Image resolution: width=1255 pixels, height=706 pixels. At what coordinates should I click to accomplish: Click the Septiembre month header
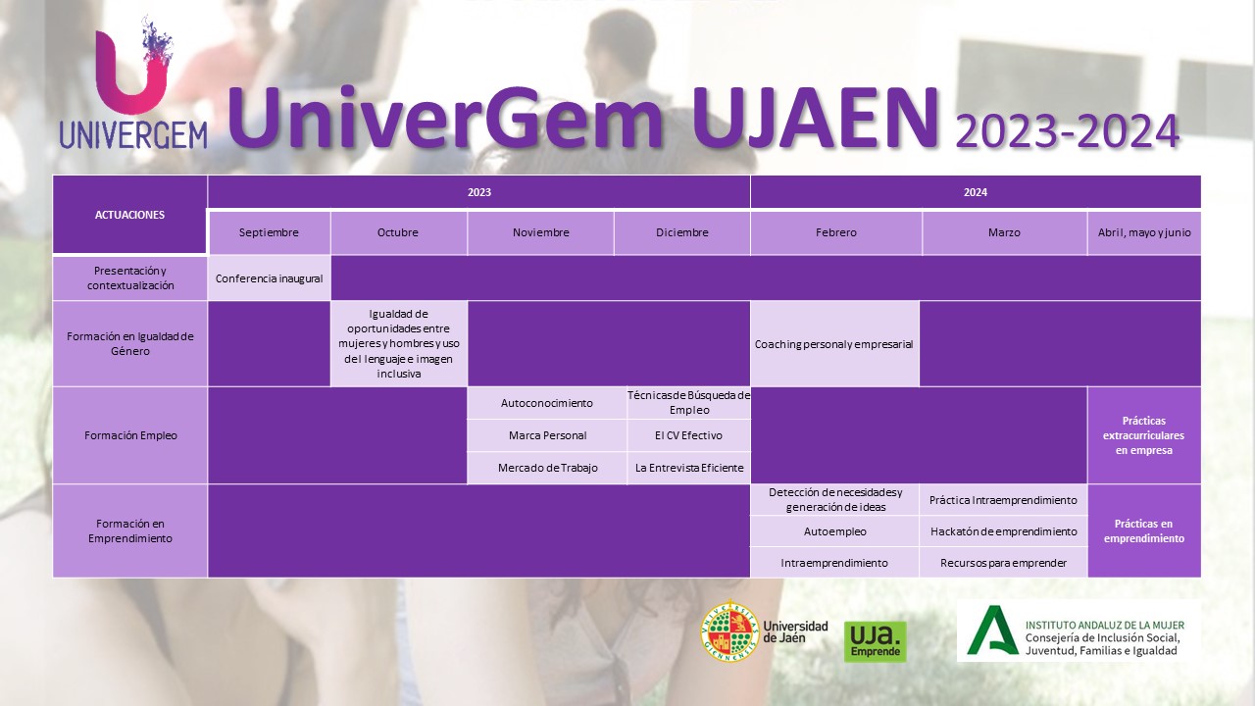coord(269,232)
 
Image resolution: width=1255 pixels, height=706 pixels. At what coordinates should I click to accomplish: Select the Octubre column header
coord(398,232)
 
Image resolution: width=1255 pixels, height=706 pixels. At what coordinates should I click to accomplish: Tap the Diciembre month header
coord(681,232)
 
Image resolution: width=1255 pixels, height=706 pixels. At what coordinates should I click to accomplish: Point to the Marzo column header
coord(1004,232)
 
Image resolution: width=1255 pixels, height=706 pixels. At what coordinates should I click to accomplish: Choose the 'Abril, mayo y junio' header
coord(1144,232)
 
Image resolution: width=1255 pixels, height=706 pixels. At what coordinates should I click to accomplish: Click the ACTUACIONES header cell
coord(129,215)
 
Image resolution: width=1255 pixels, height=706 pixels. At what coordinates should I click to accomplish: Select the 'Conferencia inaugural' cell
coord(269,278)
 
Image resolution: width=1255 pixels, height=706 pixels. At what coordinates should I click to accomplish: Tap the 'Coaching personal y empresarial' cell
coord(834,344)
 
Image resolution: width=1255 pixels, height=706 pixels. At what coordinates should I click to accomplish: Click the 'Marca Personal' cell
coord(547,435)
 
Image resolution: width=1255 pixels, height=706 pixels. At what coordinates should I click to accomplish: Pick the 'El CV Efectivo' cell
coord(688,435)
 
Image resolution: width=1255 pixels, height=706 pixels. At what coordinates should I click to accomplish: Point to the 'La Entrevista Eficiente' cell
coord(688,468)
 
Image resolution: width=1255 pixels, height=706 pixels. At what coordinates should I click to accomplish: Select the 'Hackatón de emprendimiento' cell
coord(1003,531)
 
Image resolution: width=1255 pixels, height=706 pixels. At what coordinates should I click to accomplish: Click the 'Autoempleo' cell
coord(834,531)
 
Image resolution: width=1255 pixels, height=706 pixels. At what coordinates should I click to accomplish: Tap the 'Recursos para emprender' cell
coord(1003,563)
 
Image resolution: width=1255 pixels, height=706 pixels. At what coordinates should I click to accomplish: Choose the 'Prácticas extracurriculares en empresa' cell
coord(1144,435)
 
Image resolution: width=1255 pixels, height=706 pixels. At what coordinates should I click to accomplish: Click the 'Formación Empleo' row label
coord(130,435)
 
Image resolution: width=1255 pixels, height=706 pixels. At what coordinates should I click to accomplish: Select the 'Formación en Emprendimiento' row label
coord(130,530)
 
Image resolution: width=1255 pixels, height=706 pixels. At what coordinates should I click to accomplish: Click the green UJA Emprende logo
coord(876,641)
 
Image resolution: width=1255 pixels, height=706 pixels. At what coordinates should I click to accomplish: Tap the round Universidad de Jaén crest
coord(730,631)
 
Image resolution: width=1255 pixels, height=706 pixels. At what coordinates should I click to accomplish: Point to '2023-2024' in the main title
coord(1068,132)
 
